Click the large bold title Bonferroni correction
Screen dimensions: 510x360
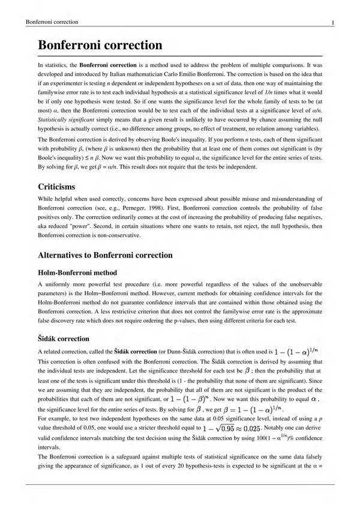pos(100,45)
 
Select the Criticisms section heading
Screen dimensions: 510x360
pos(56,187)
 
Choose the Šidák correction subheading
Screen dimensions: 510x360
pos(64,338)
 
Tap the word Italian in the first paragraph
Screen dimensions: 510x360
pos(119,74)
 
